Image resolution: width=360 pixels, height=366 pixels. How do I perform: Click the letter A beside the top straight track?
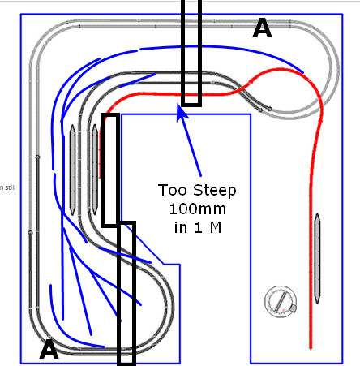tap(262, 28)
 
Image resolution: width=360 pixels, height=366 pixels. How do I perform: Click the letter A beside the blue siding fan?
tap(49, 349)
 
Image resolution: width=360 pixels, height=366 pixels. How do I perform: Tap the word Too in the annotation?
tap(173, 190)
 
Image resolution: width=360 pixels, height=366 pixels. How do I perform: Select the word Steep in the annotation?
tap(215, 191)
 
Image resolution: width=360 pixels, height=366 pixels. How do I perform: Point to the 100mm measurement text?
tap(198, 209)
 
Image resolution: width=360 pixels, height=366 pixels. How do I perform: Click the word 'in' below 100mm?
tap(181, 227)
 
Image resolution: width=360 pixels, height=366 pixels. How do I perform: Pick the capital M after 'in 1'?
tap(216, 227)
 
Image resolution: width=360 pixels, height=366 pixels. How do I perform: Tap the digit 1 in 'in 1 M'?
tap(199, 227)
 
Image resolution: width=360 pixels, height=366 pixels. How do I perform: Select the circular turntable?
tap(281, 302)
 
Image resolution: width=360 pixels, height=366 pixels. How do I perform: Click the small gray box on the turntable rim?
tap(293, 308)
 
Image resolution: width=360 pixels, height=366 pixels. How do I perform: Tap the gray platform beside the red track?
tap(317, 258)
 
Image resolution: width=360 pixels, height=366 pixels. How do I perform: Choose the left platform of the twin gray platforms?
tap(72, 170)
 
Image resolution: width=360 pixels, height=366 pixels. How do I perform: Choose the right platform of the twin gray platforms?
tap(95, 170)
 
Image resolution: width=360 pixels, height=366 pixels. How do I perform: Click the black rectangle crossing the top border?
tap(191, 53)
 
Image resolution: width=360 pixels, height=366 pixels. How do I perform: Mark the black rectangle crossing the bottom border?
tap(126, 294)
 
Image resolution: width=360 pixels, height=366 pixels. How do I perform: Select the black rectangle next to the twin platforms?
tap(110, 170)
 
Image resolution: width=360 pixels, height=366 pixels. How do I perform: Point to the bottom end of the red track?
tap(311, 348)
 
